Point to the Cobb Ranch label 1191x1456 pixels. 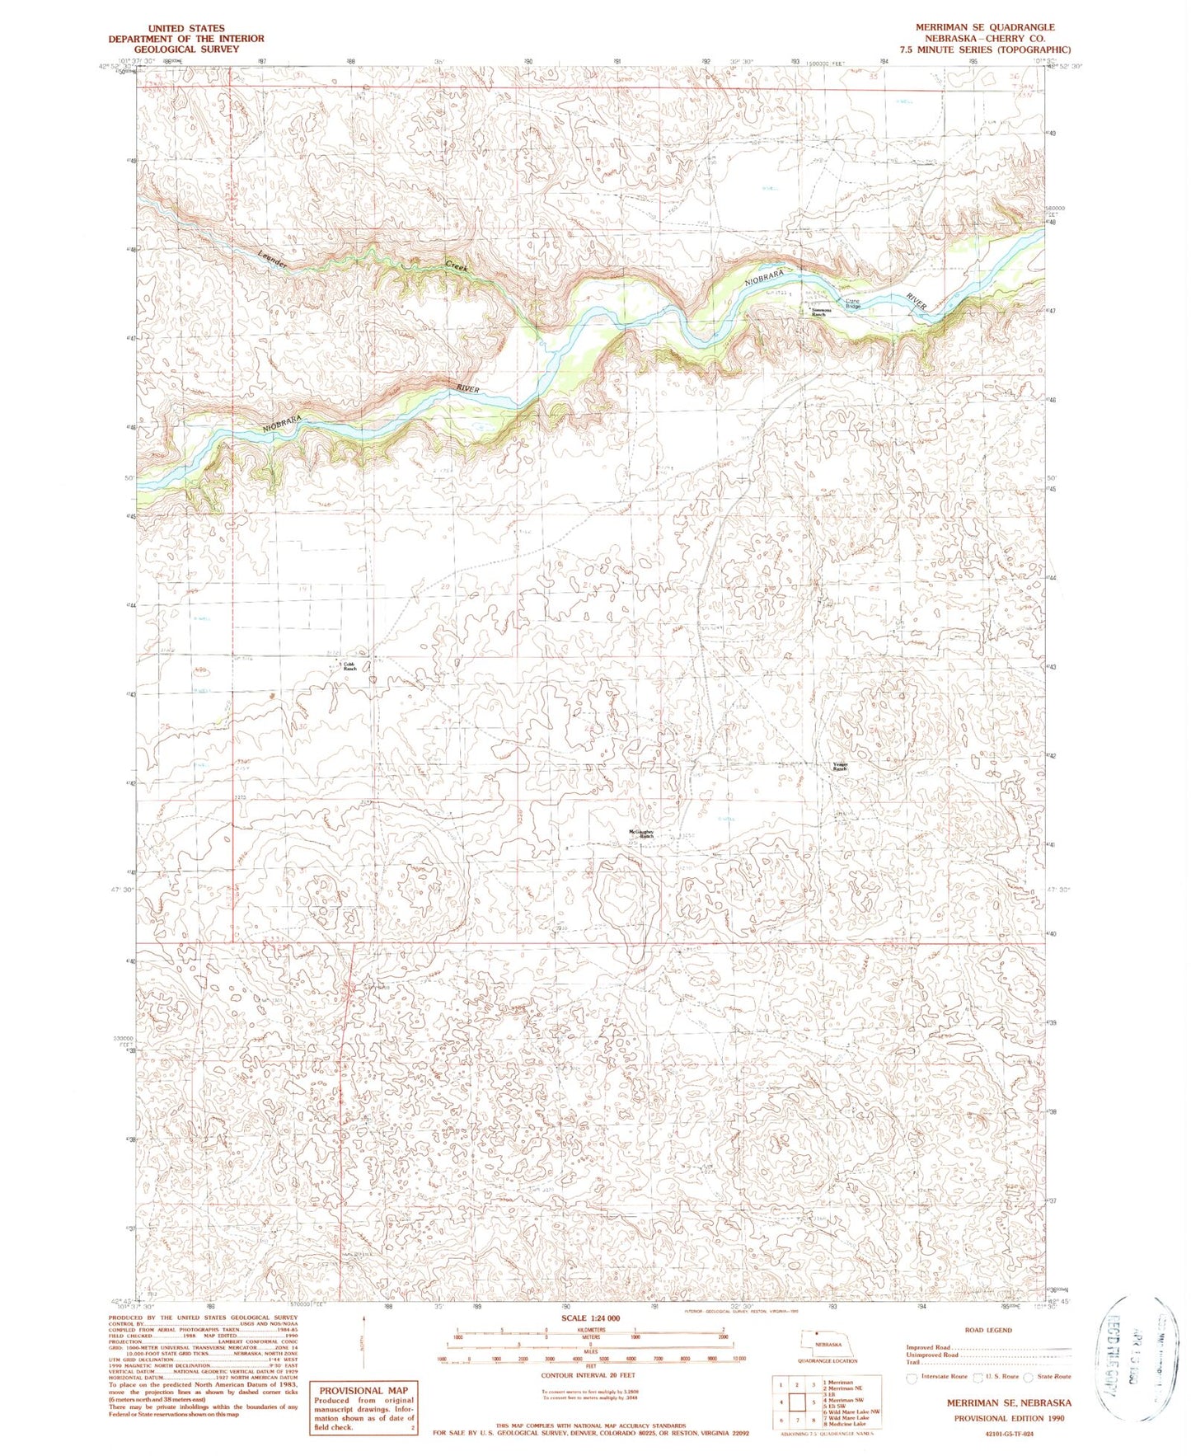coord(349,666)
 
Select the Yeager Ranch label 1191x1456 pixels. coord(840,766)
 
